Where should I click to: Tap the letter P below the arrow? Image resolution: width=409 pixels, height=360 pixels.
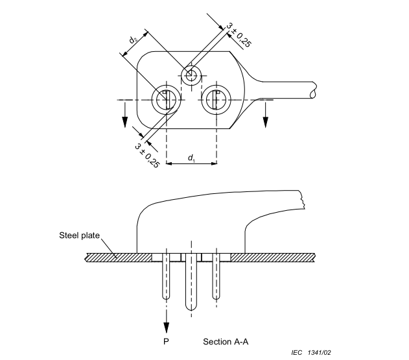coord(167,341)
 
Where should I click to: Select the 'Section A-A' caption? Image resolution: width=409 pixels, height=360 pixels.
coord(225,341)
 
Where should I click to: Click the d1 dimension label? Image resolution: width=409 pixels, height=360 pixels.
coord(191,158)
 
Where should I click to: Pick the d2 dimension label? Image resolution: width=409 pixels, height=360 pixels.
coord(134,41)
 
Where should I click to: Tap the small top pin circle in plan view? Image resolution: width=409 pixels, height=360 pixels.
coord(191,75)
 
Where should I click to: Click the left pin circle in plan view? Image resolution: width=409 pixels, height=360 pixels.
coord(166,100)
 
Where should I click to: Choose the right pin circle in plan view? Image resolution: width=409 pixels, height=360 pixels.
coord(216,100)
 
